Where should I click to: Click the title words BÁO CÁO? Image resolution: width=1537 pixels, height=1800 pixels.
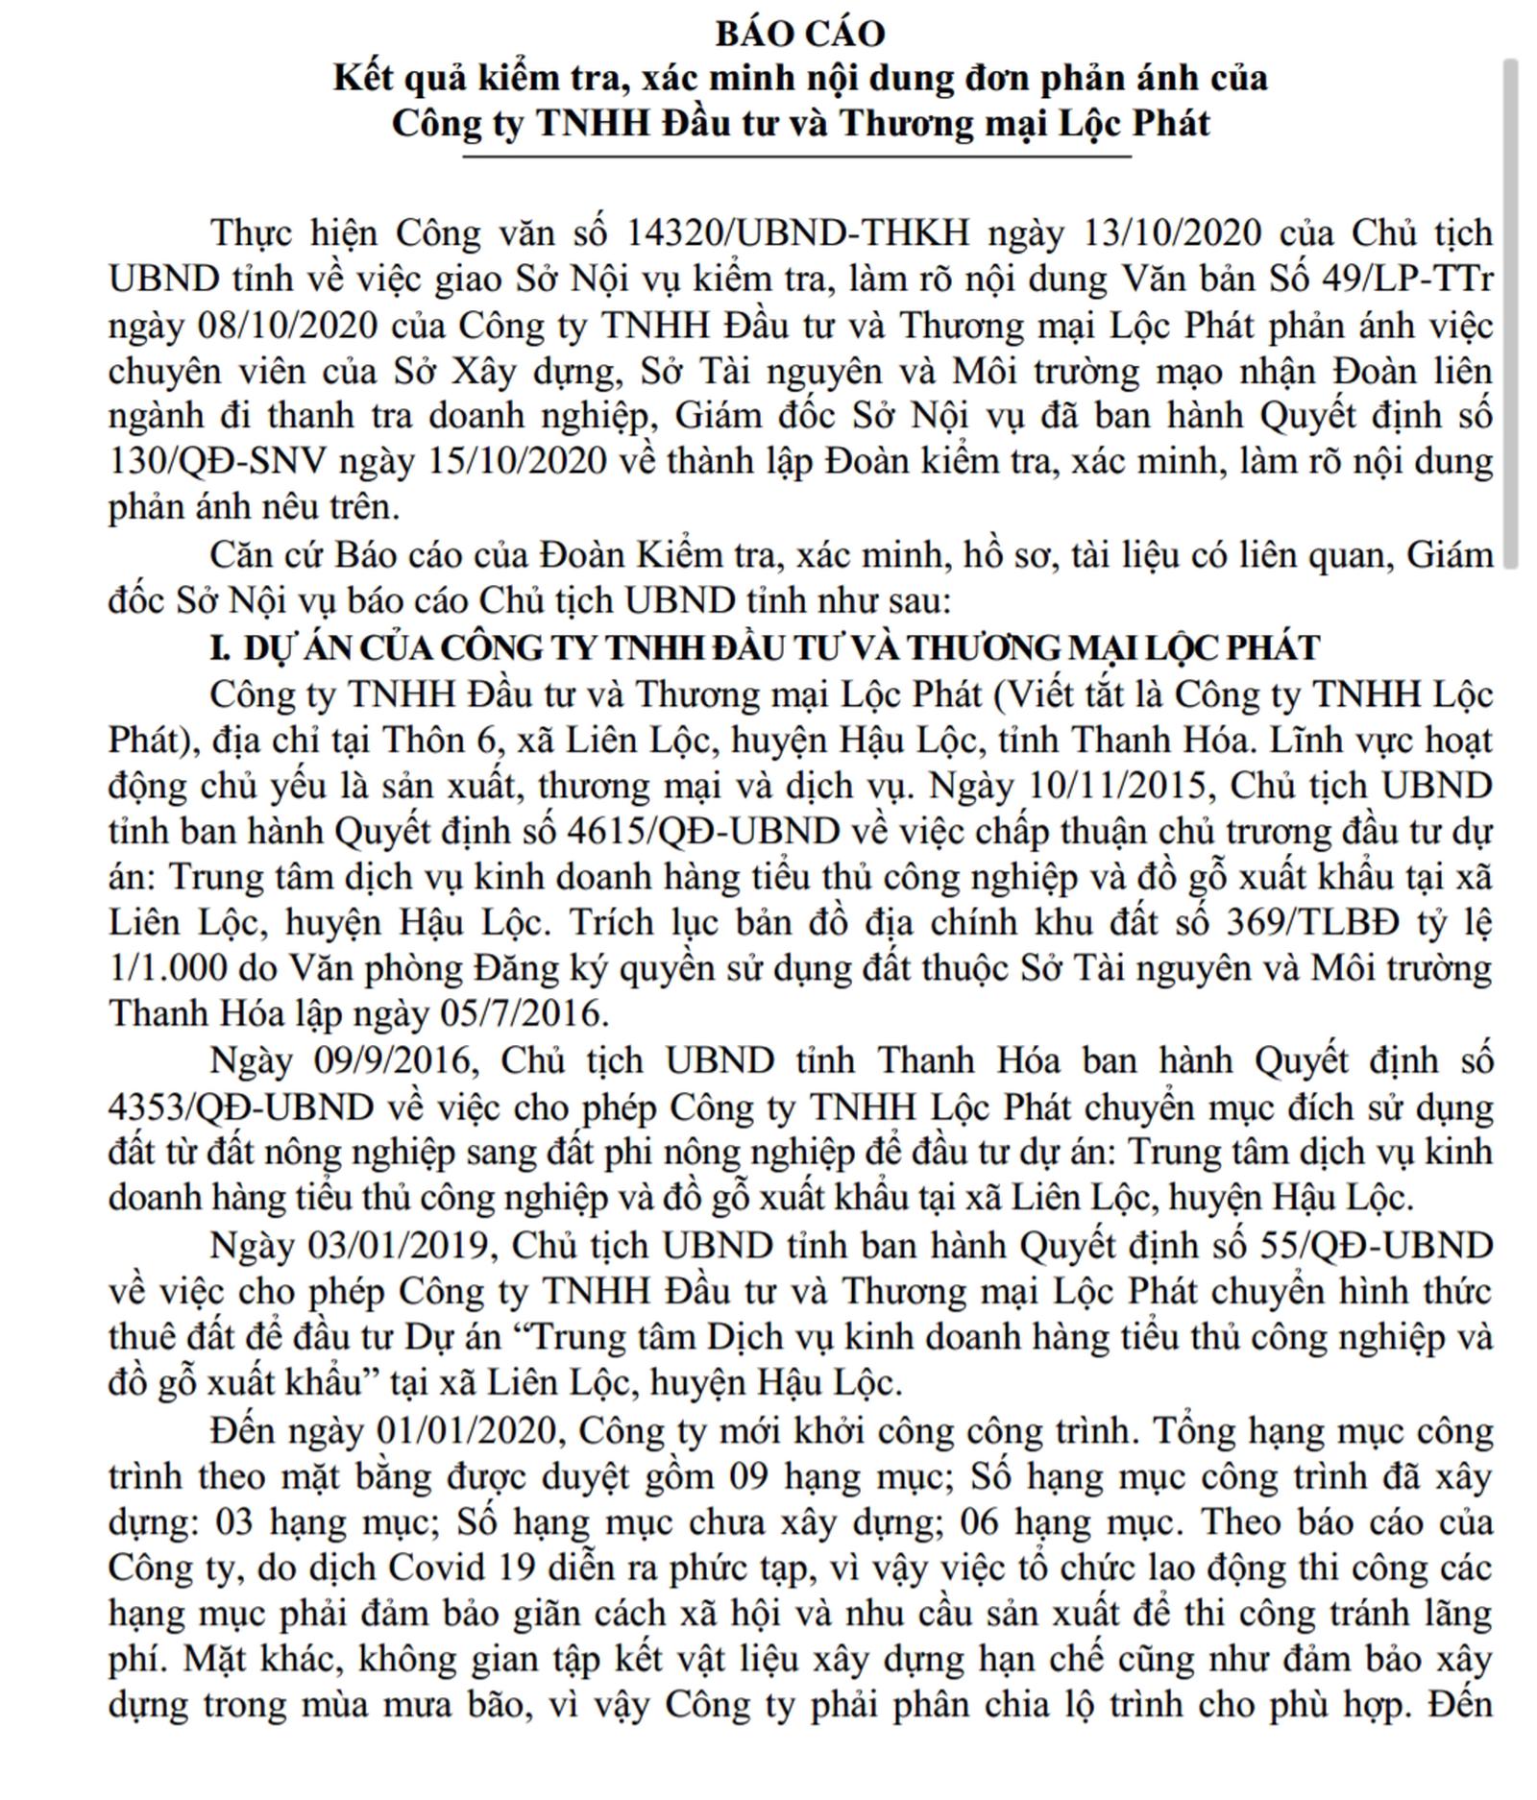click(x=799, y=34)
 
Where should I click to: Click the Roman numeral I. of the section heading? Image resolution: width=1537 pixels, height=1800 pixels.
click(x=221, y=648)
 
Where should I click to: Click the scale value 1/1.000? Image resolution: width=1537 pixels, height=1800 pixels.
click(x=167, y=968)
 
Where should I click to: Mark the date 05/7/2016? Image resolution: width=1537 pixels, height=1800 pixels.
click(x=523, y=1014)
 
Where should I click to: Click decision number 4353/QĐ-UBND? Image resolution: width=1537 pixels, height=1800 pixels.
click(x=240, y=1107)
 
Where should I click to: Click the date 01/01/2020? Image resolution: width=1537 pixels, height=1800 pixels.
click(x=467, y=1431)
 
